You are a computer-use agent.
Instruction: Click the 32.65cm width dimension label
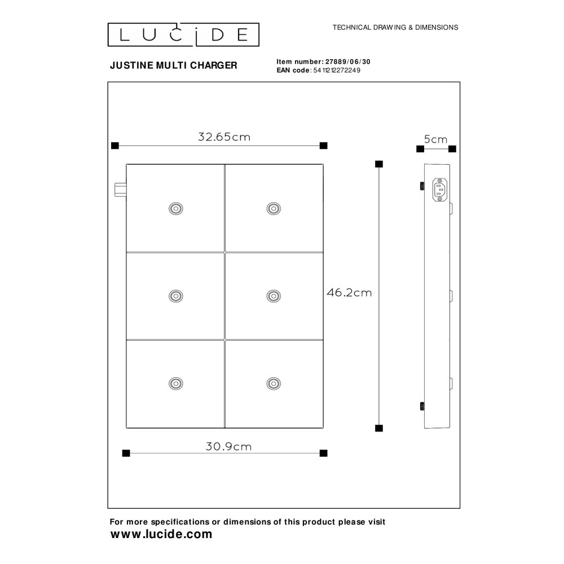224,137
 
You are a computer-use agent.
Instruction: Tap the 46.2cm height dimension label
349,293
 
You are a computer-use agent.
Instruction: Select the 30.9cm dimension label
229,447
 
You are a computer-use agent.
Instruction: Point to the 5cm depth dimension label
435,139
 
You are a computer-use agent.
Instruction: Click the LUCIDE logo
183,34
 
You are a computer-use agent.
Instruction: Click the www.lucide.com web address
161,534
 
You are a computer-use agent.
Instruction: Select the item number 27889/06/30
348,62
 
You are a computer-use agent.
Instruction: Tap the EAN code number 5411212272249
337,70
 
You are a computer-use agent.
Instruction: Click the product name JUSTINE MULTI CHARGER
173,65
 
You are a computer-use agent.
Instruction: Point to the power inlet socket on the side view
439,190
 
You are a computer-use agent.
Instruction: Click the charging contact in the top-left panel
176,209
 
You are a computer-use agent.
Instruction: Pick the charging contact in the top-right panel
274,209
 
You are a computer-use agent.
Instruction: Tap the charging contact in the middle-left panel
176,296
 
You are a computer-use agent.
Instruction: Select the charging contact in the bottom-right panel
274,384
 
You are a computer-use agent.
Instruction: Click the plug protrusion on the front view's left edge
121,190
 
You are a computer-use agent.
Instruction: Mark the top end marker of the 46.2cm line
379,164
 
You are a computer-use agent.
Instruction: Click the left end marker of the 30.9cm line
126,453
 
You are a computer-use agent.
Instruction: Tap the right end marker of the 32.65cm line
323,146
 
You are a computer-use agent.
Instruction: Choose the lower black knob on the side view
422,407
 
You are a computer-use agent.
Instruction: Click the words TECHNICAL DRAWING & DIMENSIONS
395,27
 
